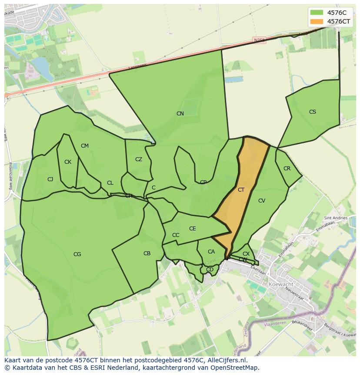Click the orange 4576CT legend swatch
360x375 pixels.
[x=317, y=21]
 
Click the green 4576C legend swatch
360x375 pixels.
[x=317, y=12]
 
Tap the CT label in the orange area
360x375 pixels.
[x=241, y=190]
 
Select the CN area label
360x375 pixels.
[x=180, y=114]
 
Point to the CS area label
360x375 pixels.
[x=313, y=112]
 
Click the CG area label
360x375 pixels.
[x=77, y=254]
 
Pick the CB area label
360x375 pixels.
[x=147, y=253]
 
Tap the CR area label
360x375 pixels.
[x=287, y=169]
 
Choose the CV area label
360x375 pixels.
[x=262, y=201]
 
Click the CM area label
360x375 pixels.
[x=85, y=146]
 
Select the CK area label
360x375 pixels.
[x=68, y=162]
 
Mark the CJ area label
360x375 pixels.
[x=50, y=179]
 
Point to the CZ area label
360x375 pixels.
[x=139, y=159]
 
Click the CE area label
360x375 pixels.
[x=193, y=229]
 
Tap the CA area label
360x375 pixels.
[x=211, y=252]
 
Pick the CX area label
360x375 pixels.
[x=246, y=254]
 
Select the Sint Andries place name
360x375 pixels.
[x=336, y=218]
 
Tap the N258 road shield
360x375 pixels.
[x=260, y=40]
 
